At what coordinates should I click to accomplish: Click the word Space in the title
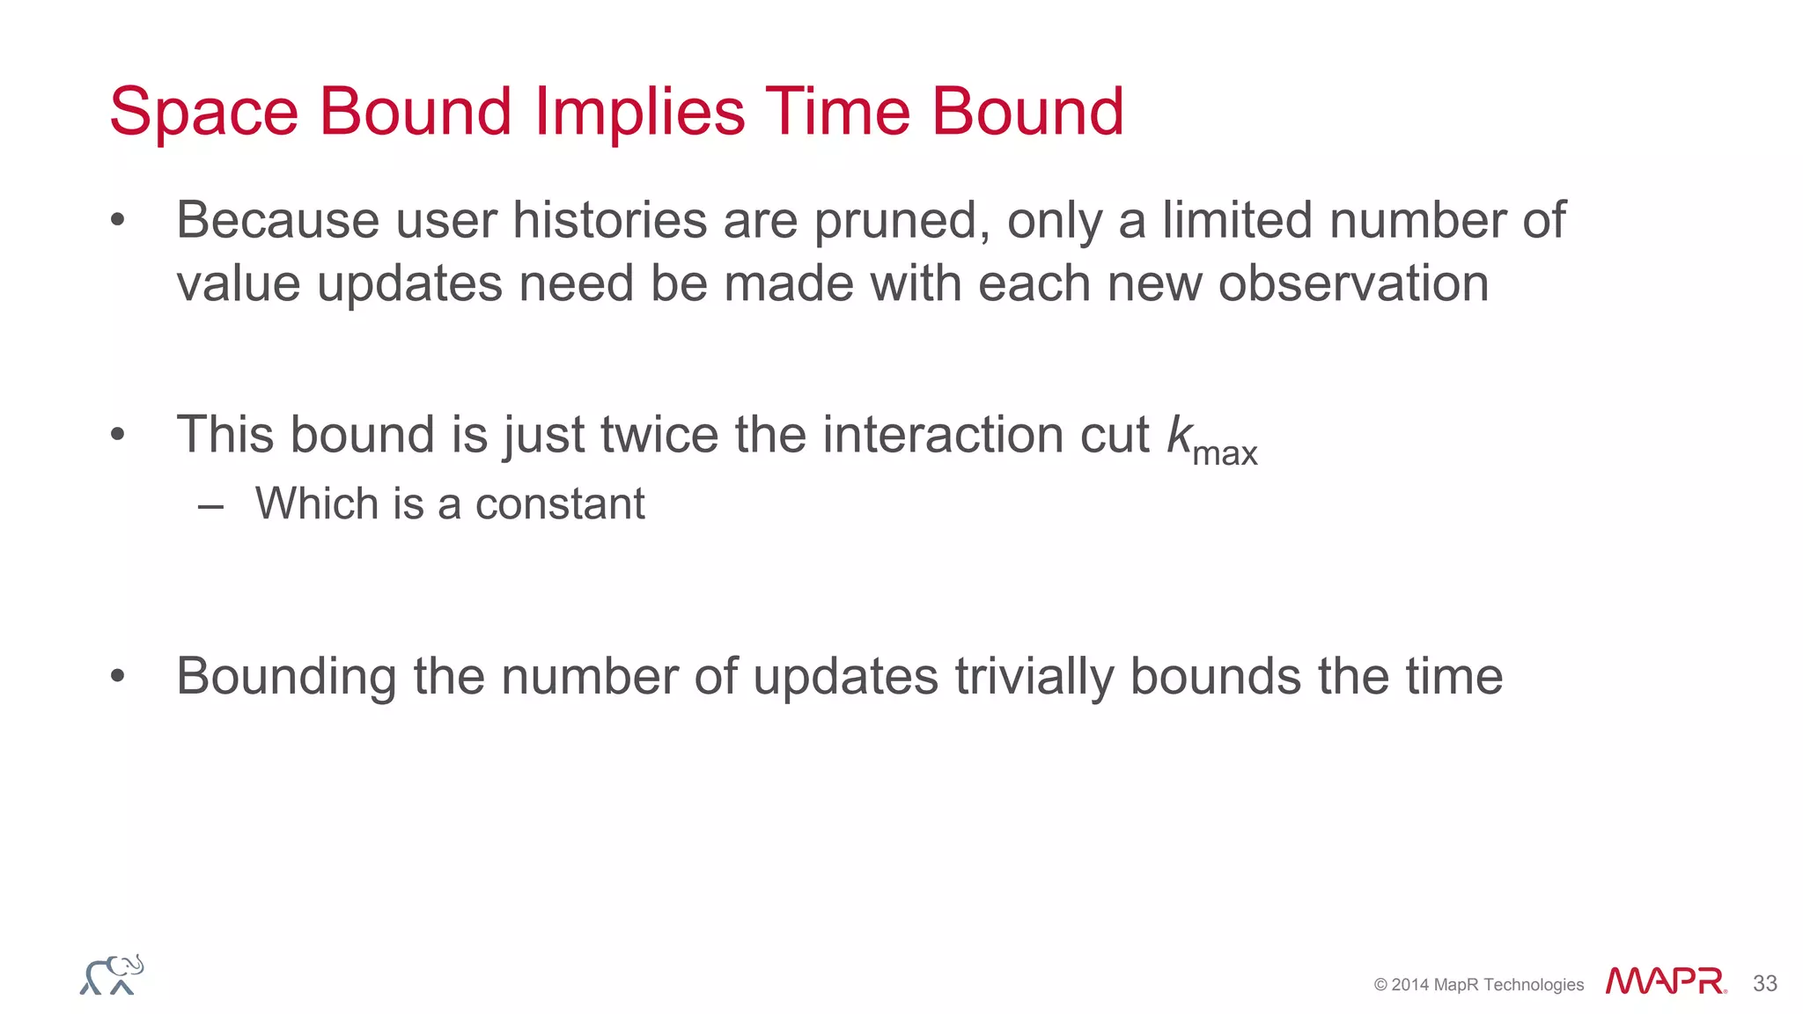click(204, 113)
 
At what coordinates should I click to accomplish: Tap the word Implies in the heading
click(640, 113)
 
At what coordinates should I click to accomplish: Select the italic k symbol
click(1179, 435)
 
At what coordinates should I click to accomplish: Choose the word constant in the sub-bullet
click(560, 504)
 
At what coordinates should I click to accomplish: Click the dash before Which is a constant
click(210, 506)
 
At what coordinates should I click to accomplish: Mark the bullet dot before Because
click(118, 220)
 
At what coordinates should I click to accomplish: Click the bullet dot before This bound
click(118, 435)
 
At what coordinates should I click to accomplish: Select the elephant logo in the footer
click(112, 975)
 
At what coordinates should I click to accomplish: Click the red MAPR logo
click(1665, 981)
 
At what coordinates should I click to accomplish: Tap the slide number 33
click(1765, 983)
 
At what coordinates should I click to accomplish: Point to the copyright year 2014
click(1410, 985)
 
